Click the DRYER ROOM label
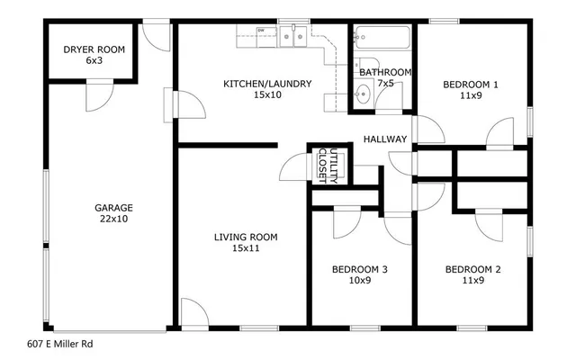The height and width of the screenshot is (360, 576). click(x=94, y=49)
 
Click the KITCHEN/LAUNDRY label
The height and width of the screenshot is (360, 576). click(x=267, y=85)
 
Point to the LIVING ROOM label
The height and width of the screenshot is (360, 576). click(x=245, y=238)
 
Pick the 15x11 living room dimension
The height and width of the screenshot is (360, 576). click(x=245, y=249)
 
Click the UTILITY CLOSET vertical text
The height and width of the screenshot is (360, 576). click(x=328, y=166)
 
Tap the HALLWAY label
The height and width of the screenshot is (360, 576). click(x=385, y=139)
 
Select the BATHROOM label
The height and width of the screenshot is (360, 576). click(x=385, y=72)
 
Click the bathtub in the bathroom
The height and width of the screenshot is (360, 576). click(x=382, y=40)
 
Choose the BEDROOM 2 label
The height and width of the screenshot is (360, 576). click(x=472, y=269)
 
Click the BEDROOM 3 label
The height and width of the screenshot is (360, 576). click(x=359, y=269)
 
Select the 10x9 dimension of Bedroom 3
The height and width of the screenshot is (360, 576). click(x=359, y=281)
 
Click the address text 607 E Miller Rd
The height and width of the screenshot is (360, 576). click(x=60, y=344)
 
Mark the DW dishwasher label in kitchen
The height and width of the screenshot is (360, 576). click(x=261, y=31)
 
